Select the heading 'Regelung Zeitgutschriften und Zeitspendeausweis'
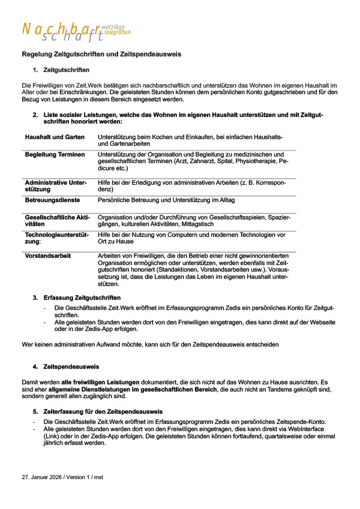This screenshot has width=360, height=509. coord(101,55)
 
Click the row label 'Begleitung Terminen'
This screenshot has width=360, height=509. coord(55,155)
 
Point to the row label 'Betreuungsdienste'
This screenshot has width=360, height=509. coord(52,200)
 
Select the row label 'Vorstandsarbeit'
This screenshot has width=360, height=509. coord(48,255)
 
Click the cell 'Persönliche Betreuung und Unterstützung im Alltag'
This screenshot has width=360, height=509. coord(166,200)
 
